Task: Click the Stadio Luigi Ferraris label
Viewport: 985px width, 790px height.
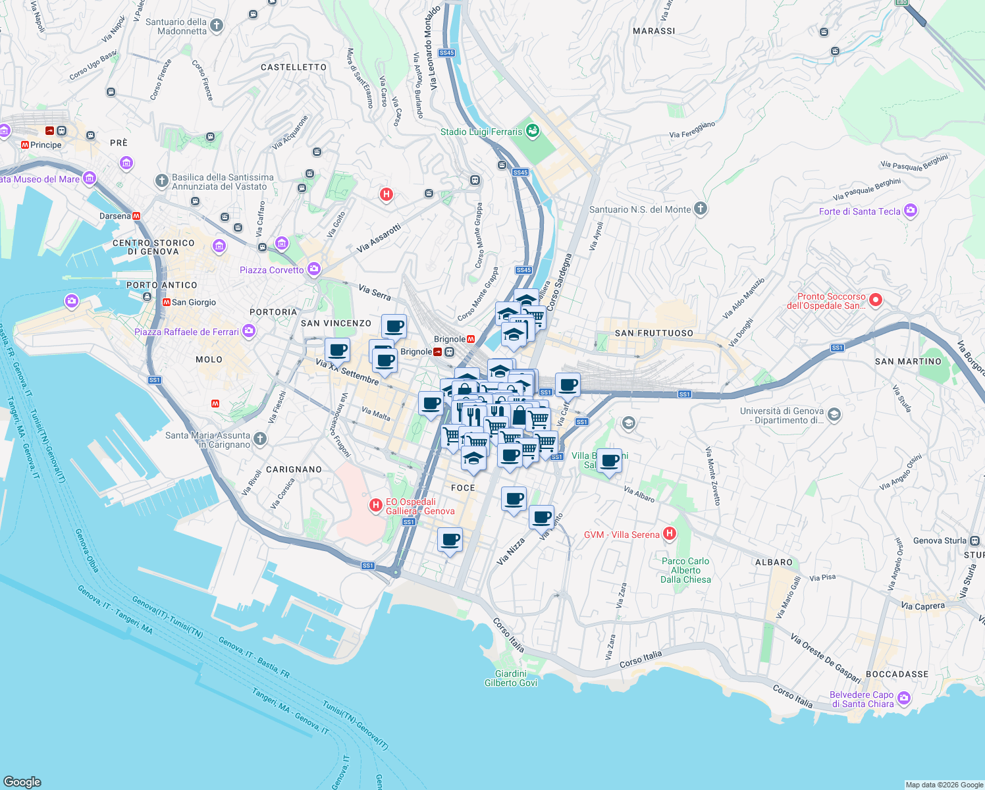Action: point(481,132)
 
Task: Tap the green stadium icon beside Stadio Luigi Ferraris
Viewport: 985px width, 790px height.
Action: point(533,131)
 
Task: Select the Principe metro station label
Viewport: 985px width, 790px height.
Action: point(45,145)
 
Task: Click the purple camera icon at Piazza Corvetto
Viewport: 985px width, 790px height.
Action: point(314,269)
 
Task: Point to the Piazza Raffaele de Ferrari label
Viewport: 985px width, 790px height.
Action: point(186,332)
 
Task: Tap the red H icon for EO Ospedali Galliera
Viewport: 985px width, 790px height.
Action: point(375,505)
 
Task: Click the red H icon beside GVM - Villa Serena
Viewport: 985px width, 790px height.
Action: point(669,534)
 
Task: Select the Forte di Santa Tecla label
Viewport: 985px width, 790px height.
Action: point(859,211)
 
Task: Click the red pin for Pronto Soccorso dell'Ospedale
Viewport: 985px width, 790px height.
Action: point(875,300)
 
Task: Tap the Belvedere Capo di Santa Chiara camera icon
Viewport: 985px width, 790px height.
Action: point(904,697)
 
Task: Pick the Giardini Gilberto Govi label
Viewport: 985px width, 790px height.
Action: point(511,678)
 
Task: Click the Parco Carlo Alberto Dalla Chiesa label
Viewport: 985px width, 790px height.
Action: point(685,570)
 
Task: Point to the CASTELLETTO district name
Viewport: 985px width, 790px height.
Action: point(294,67)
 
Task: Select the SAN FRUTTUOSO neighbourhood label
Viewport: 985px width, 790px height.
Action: point(654,333)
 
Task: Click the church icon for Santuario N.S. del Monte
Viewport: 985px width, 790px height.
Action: point(701,209)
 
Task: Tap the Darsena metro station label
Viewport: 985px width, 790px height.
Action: point(115,216)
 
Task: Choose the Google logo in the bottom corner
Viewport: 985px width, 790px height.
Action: point(22,781)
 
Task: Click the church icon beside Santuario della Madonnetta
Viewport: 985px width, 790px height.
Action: point(216,26)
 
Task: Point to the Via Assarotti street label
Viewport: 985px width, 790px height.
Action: point(379,238)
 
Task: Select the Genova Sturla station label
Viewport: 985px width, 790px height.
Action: point(940,540)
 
